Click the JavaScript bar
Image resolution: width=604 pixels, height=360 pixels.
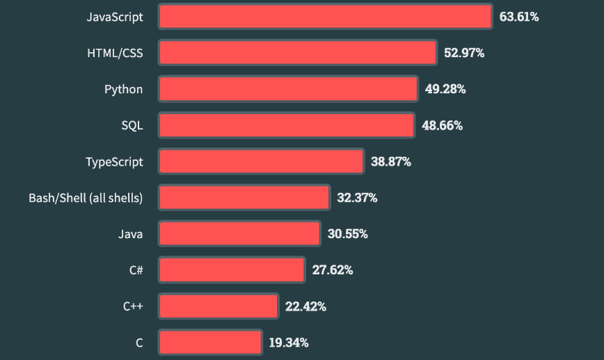326,17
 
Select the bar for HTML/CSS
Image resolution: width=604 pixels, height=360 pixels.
298,53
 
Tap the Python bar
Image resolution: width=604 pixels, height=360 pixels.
288,89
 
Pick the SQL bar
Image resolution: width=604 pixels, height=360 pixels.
287,125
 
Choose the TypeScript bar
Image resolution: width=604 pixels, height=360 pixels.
261,162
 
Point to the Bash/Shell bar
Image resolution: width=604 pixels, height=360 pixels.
244,198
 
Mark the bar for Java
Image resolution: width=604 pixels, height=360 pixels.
239,234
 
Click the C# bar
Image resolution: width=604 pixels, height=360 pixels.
232,270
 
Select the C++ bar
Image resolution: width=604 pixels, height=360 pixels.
218,306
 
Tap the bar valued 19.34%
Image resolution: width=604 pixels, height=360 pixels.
210,343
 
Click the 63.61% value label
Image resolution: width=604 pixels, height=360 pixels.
519,17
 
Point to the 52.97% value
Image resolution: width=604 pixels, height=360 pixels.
464,53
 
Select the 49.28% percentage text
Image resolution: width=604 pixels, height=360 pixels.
445,89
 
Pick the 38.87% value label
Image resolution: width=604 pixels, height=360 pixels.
391,162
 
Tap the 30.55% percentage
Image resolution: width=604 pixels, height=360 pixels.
348,234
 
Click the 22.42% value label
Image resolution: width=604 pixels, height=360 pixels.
305,306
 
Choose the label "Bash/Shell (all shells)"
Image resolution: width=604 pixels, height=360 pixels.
86,198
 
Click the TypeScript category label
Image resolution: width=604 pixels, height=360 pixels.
114,162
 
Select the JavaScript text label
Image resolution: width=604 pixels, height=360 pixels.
115,17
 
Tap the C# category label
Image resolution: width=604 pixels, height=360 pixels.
136,270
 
